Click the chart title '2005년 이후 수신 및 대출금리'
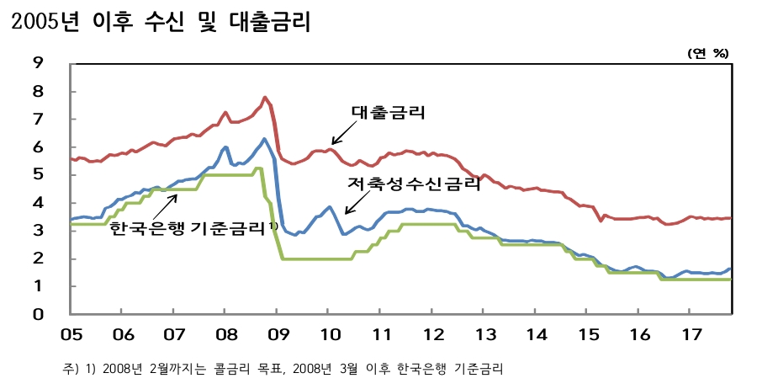click(x=160, y=22)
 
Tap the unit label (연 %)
click(x=708, y=52)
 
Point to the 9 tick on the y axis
click(x=38, y=62)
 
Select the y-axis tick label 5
click(x=38, y=175)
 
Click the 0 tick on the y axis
click(x=38, y=315)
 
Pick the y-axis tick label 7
click(x=38, y=119)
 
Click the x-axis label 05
click(x=71, y=334)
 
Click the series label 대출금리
click(x=389, y=113)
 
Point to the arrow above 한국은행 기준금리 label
click(x=165, y=205)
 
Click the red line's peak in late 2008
click(x=265, y=98)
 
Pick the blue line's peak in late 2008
click(x=264, y=139)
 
